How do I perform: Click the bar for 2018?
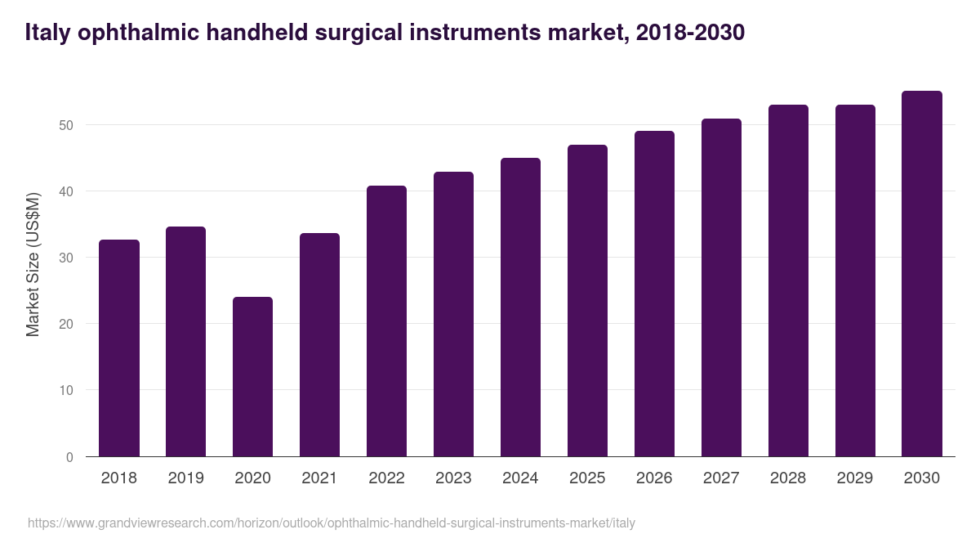[x=119, y=348]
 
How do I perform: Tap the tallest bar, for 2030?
[x=922, y=274]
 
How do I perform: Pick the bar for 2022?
[x=386, y=321]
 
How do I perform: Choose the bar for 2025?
[x=587, y=300]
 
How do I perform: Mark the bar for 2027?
[x=721, y=287]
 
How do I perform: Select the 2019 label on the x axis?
[x=185, y=478]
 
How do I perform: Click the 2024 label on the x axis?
[x=520, y=478]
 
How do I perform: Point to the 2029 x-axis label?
[x=855, y=478]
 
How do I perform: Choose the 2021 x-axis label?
[x=319, y=478]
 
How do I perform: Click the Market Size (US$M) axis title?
[x=33, y=263]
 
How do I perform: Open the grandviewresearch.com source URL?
[x=331, y=523]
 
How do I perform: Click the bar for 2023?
[x=453, y=314]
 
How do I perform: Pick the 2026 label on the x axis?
[x=654, y=478]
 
